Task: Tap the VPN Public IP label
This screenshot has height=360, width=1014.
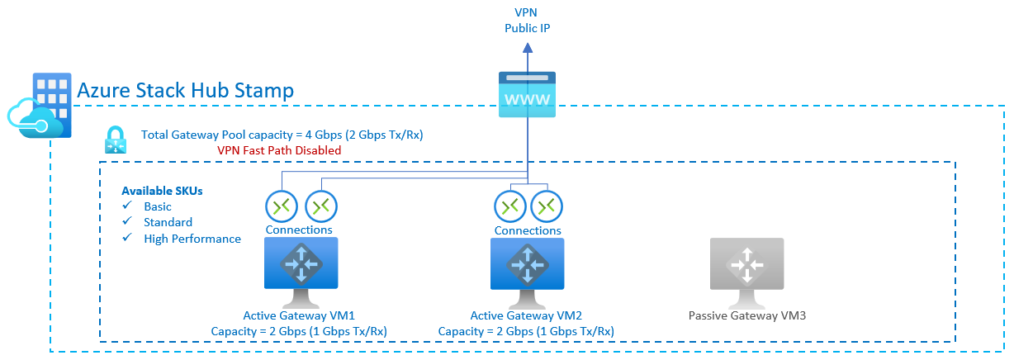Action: click(x=528, y=21)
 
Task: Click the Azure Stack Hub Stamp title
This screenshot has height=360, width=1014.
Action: click(x=185, y=91)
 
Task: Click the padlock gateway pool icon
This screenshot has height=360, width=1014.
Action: click(x=115, y=140)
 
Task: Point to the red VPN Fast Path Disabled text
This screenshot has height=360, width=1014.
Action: click(x=279, y=150)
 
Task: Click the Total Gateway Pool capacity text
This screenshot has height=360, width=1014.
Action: click(x=282, y=135)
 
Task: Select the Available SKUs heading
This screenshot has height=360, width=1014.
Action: click(x=162, y=190)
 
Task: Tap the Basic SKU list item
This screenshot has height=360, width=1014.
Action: click(x=158, y=206)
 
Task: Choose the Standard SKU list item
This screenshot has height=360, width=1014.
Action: click(x=168, y=222)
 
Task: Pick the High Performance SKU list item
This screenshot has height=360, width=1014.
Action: click(x=192, y=239)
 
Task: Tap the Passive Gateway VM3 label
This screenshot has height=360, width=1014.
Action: click(x=746, y=315)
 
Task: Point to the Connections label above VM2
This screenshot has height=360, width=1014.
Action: click(x=528, y=230)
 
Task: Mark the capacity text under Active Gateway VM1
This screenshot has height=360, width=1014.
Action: click(x=299, y=331)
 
